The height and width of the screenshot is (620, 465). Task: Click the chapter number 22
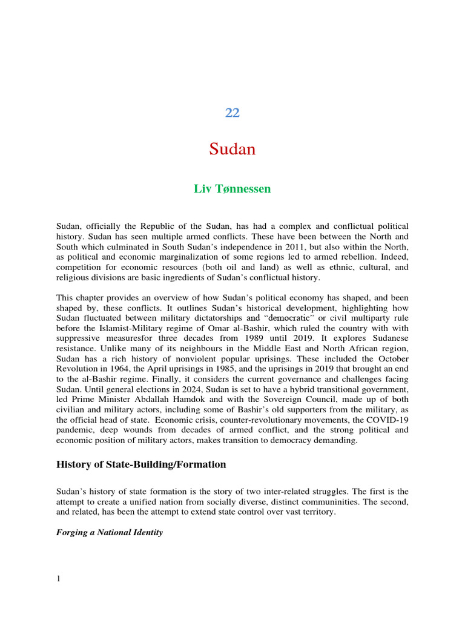232,113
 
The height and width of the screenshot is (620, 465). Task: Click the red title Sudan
232,149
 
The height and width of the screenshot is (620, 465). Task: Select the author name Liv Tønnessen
232,189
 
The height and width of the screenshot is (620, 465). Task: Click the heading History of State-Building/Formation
141,465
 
